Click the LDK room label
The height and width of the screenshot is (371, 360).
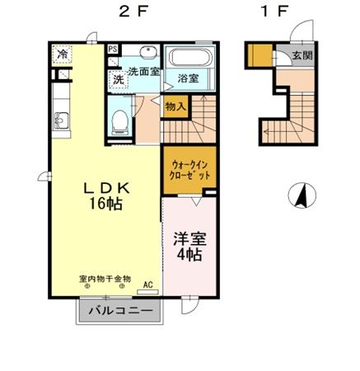(x=106, y=188)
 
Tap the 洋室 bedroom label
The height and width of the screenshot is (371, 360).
(x=189, y=239)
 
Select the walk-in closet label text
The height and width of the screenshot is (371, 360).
(x=189, y=170)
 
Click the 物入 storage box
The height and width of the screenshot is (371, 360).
(x=175, y=106)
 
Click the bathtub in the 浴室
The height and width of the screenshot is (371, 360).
(x=190, y=57)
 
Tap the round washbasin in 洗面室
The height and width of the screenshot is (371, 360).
(x=148, y=52)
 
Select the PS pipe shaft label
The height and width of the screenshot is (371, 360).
(x=113, y=49)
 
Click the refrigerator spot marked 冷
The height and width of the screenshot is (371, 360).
(x=63, y=54)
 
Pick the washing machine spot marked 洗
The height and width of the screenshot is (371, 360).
(x=119, y=80)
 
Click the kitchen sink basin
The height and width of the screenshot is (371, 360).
(x=62, y=120)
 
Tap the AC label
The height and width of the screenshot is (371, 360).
(x=148, y=285)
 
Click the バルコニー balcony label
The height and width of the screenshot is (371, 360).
(x=120, y=311)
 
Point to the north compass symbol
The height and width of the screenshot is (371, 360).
(x=302, y=195)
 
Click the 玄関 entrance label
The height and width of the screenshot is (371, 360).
(x=302, y=55)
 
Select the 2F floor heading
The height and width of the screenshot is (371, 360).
(x=133, y=12)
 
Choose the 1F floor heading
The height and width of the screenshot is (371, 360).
(x=274, y=12)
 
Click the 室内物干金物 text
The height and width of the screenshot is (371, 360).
(x=105, y=279)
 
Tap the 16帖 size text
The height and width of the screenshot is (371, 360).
(x=105, y=204)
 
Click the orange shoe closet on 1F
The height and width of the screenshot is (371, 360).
(x=259, y=55)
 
